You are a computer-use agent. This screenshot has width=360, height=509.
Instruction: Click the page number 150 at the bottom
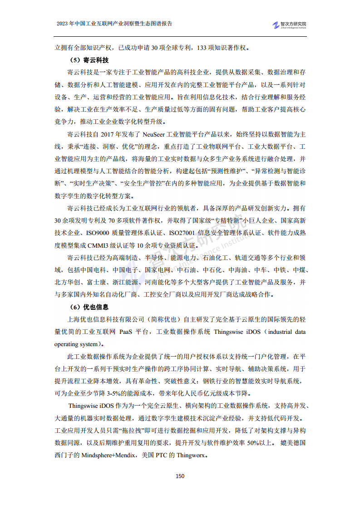click(x=180, y=476)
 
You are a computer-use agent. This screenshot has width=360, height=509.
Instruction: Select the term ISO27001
click(x=182, y=233)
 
